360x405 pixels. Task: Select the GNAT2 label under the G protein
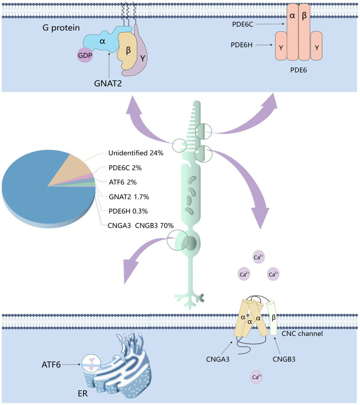coord(109,80)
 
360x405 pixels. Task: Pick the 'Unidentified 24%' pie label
coord(135,152)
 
